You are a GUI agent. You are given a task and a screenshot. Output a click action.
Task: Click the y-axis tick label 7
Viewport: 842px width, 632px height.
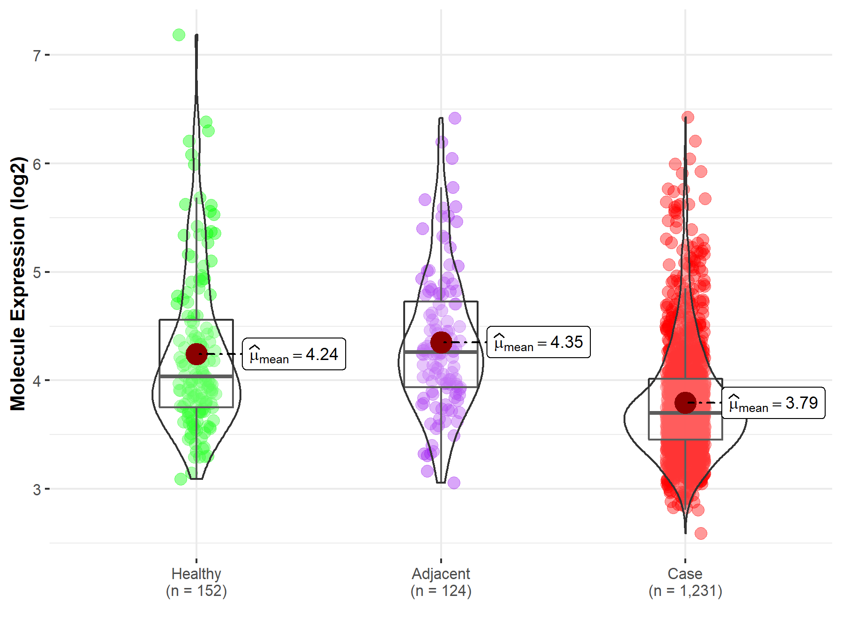pos(36,56)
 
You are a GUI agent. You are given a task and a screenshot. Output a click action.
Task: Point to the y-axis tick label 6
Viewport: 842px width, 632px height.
pos(36,164)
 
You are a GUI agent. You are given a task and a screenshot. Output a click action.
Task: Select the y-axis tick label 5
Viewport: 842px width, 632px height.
pos(36,272)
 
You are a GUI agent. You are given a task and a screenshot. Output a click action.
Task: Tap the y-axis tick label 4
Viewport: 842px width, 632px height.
pos(36,381)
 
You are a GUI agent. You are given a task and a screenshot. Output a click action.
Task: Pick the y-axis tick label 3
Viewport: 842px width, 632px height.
pos(36,490)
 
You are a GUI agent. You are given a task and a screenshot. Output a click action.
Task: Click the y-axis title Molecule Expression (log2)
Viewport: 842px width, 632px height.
pos(18,284)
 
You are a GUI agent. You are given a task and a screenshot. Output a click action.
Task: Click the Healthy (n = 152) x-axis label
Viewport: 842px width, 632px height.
pos(196,582)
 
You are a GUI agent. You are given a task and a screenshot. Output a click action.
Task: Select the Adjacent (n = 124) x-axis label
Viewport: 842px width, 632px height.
pos(441,582)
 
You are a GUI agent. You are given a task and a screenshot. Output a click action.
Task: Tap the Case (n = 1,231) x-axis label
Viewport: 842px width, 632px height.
pos(685,582)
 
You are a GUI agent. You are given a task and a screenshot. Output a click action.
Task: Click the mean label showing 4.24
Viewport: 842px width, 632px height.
pos(294,354)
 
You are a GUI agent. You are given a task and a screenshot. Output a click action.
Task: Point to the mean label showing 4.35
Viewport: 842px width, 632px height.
pos(538,342)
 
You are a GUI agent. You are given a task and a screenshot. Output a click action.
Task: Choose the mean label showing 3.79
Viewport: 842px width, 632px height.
pos(773,403)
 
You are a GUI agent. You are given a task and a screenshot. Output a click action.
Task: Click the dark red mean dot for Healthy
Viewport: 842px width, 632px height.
pos(196,354)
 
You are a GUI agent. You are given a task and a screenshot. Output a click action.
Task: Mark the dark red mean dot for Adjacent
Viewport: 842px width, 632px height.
pos(441,342)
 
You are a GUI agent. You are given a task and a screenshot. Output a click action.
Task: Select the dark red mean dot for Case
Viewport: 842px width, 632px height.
pos(685,403)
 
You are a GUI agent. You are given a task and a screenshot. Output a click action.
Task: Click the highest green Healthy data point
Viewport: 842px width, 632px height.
pos(179,35)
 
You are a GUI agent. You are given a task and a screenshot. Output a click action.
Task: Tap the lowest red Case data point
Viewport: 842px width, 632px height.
pos(700,533)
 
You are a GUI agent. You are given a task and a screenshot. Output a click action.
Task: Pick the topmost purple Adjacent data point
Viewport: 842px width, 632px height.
pos(455,118)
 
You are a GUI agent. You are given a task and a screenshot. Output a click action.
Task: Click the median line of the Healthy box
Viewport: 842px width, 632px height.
pos(196,376)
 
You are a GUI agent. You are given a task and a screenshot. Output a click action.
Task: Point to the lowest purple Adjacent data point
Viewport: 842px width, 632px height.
pos(454,483)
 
